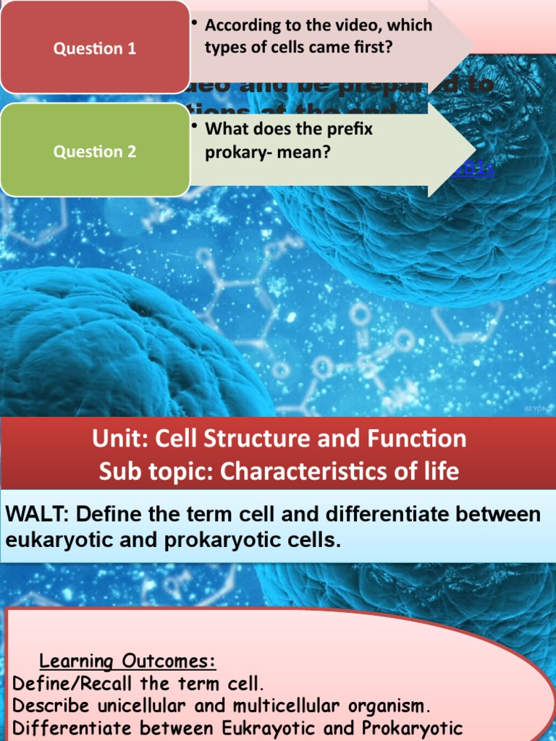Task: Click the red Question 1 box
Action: (x=95, y=48)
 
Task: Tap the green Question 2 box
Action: (x=95, y=151)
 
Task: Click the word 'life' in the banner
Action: (x=439, y=472)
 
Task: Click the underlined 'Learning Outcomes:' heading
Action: (x=127, y=661)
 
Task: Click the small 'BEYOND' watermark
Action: (x=537, y=409)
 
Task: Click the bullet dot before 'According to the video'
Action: (x=195, y=23)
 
